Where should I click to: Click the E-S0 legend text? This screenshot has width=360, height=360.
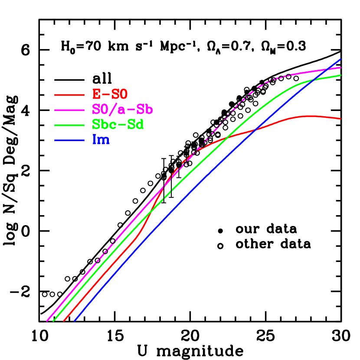click(x=110, y=94)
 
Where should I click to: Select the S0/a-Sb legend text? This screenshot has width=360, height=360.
click(x=122, y=109)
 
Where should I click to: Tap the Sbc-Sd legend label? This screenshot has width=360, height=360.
click(x=118, y=124)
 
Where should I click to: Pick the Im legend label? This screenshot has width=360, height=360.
click(x=101, y=140)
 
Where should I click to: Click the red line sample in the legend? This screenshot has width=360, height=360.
click(x=69, y=95)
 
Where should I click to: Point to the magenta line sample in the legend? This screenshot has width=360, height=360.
click(x=69, y=110)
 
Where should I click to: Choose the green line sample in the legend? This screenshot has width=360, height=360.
click(x=69, y=125)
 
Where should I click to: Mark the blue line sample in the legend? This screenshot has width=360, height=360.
click(x=69, y=140)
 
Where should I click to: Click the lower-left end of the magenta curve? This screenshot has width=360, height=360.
click(x=47, y=321)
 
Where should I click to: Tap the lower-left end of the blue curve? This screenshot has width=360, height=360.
click(x=75, y=321)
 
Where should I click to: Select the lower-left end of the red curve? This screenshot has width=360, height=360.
click(x=64, y=321)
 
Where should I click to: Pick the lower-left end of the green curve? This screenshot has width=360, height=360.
click(x=53, y=321)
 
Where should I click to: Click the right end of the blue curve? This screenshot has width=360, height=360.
click(x=341, y=59)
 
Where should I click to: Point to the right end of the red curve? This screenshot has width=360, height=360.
click(x=341, y=118)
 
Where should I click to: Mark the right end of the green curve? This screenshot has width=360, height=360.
click(x=341, y=75)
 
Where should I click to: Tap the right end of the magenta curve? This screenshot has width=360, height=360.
click(x=341, y=68)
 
